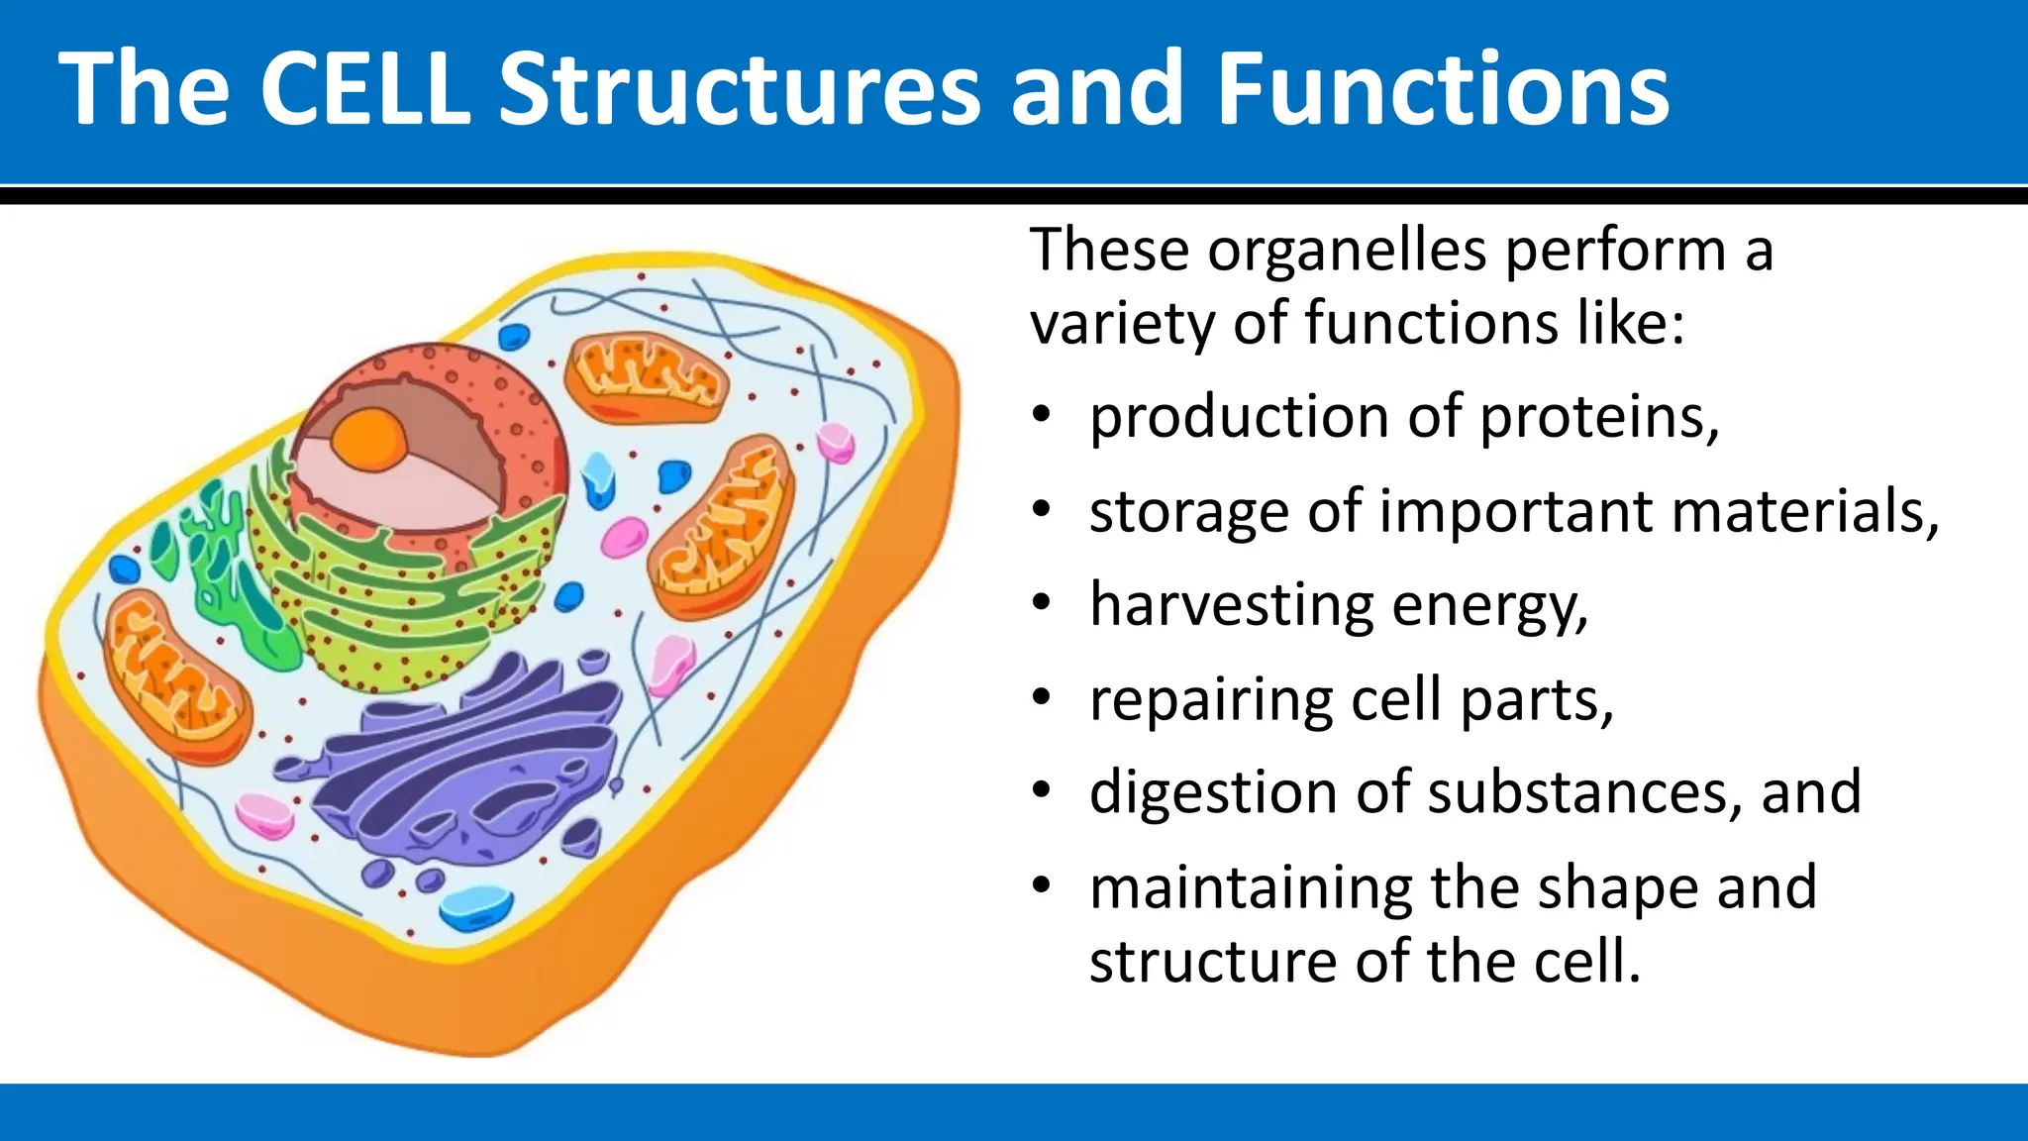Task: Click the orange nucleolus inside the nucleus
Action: pos(367,437)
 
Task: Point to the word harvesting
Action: pos(1231,606)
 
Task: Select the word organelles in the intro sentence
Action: pos(1347,250)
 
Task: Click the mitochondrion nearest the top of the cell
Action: pos(646,377)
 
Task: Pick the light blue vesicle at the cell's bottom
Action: pos(476,907)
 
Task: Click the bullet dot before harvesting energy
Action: pos(1040,604)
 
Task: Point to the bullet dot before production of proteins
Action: pos(1040,416)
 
